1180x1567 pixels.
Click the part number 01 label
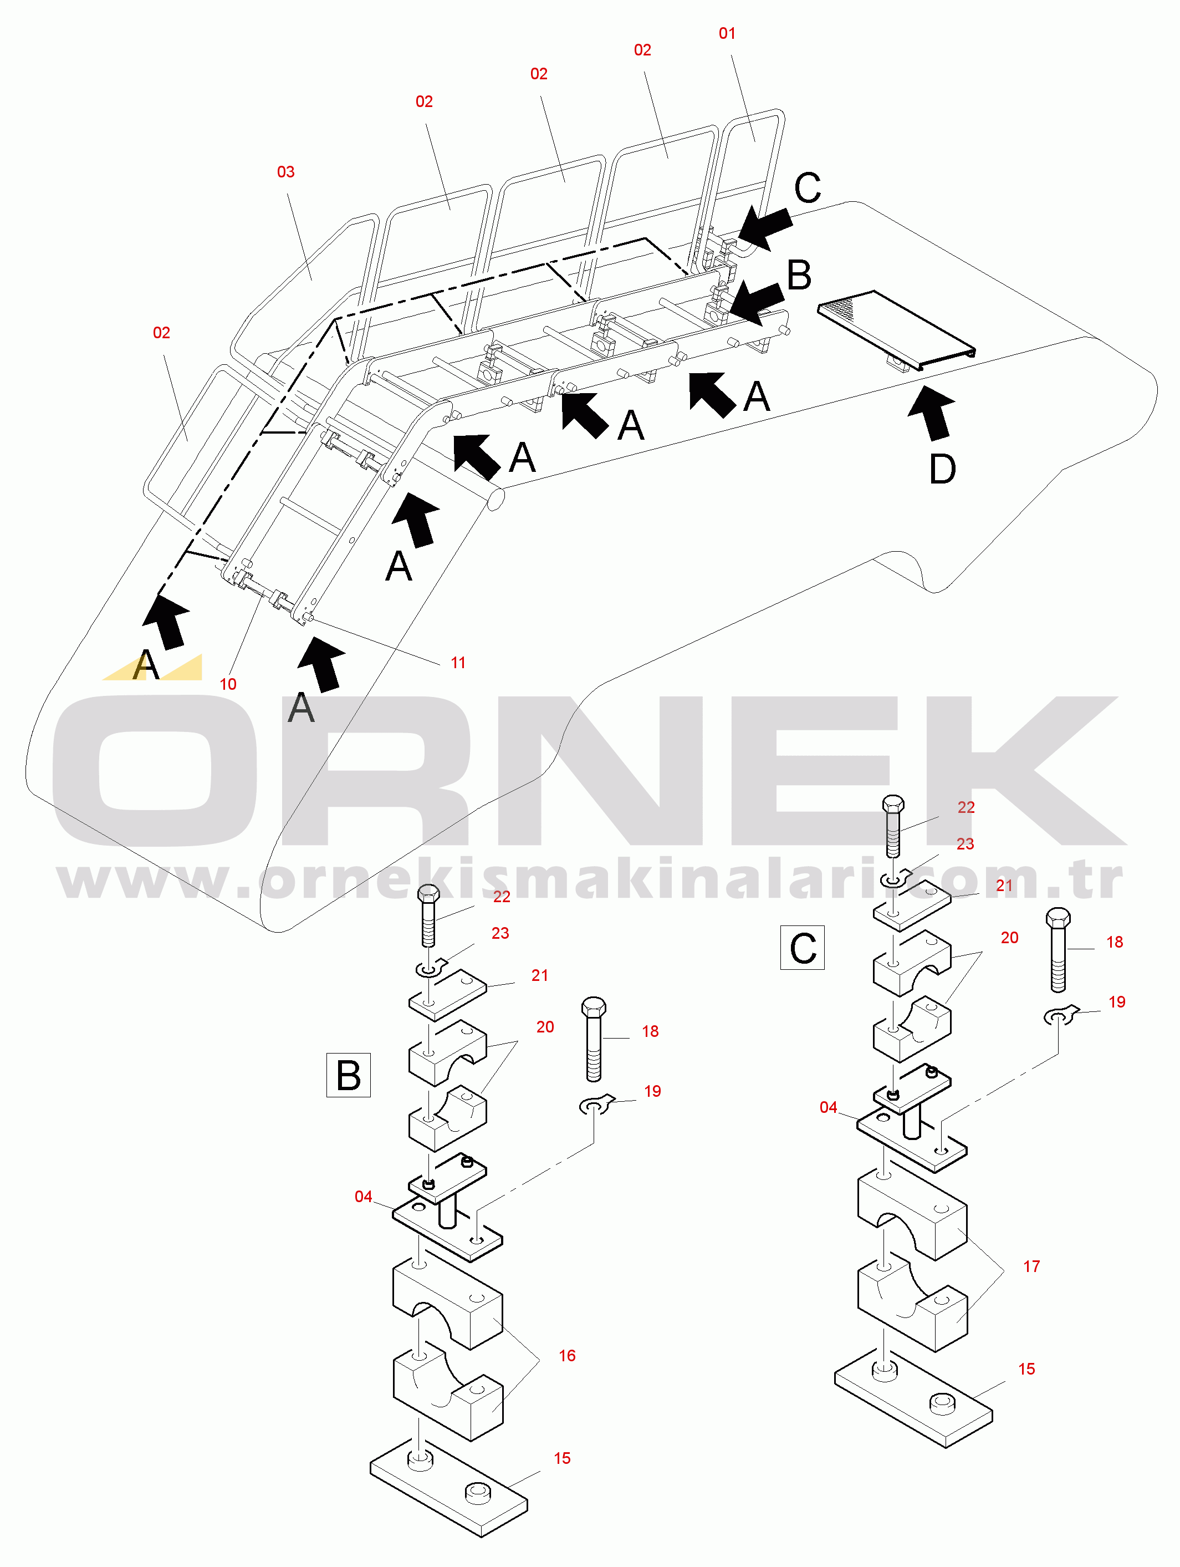pyautogui.click(x=727, y=33)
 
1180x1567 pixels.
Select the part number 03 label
pyautogui.click(x=285, y=172)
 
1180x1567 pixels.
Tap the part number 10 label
pyautogui.click(x=228, y=684)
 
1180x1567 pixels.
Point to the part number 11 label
pyautogui.click(x=458, y=663)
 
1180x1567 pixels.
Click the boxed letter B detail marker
pyautogui.click(x=349, y=1075)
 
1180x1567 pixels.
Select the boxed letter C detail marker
pyautogui.click(x=803, y=947)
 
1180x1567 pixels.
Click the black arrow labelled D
pyautogui.click(x=933, y=413)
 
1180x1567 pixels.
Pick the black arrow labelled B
pyautogui.click(x=757, y=303)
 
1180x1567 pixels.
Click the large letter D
pyautogui.click(x=942, y=469)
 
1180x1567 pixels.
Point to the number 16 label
pyautogui.click(x=568, y=1356)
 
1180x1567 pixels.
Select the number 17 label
pyautogui.click(x=1032, y=1266)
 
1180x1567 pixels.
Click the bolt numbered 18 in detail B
pyautogui.click(x=594, y=1039)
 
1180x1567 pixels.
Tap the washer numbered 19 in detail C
pyautogui.click(x=1060, y=1016)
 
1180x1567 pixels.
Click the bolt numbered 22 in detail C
pyautogui.click(x=893, y=826)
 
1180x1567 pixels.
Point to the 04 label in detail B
pyautogui.click(x=364, y=1197)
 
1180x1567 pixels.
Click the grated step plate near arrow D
pyautogui.click(x=897, y=330)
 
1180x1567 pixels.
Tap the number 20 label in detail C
pyautogui.click(x=1010, y=938)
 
